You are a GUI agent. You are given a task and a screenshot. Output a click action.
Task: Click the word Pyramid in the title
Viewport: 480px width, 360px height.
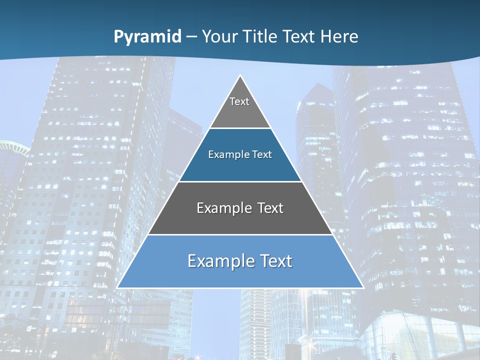pyautogui.click(x=147, y=37)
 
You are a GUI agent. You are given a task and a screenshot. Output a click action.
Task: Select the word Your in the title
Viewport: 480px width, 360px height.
pyautogui.click(x=220, y=36)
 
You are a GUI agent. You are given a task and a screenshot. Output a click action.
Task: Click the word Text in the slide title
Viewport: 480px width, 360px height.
pyautogui.click(x=300, y=36)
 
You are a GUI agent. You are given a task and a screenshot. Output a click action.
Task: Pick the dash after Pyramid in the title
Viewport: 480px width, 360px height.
pyautogui.click(x=191, y=37)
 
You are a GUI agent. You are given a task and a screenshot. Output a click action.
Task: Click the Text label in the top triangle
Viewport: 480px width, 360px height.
pyautogui.click(x=239, y=101)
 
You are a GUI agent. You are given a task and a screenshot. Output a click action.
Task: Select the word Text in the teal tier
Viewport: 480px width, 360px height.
pyautogui.click(x=262, y=155)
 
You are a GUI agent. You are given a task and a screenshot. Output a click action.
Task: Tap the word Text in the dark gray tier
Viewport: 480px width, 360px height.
pyautogui.click(x=270, y=208)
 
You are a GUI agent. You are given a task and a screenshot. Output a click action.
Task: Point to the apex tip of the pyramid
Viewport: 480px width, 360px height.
pyautogui.click(x=240, y=76)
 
